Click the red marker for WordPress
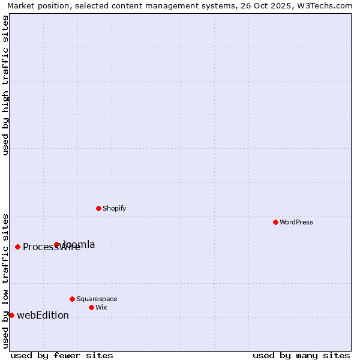[275, 222]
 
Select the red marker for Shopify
[98, 208]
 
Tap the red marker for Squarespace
[72, 299]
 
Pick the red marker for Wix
[91, 307]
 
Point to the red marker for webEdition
[11, 315]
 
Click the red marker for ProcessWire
[17, 247]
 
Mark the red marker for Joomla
[57, 244]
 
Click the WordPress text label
[296, 222]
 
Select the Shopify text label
[114, 208]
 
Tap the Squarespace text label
[97, 299]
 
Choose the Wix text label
[101, 307]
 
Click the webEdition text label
[43, 315]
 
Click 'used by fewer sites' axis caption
[62, 355]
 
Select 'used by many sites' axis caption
[301, 355]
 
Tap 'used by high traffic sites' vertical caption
[5, 85]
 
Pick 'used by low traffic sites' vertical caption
[5, 281]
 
